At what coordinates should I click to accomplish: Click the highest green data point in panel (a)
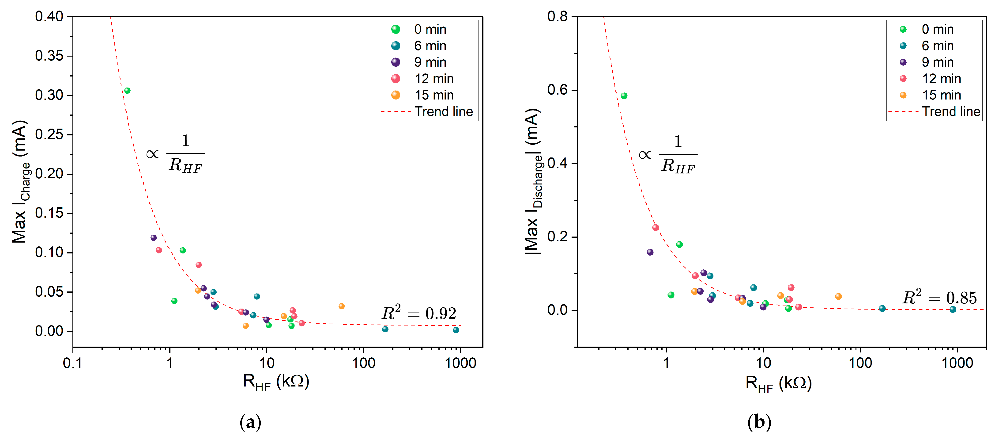click(x=127, y=91)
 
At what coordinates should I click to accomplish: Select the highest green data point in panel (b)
click(x=624, y=96)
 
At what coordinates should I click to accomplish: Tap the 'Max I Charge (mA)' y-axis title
click(x=20, y=182)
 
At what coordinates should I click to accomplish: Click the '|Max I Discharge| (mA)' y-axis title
click(x=533, y=182)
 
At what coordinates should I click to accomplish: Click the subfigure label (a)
click(x=250, y=422)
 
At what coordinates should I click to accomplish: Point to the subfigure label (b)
click(x=759, y=422)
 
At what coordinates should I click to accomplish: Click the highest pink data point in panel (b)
click(x=656, y=228)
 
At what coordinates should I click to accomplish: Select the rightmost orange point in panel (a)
click(x=341, y=306)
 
